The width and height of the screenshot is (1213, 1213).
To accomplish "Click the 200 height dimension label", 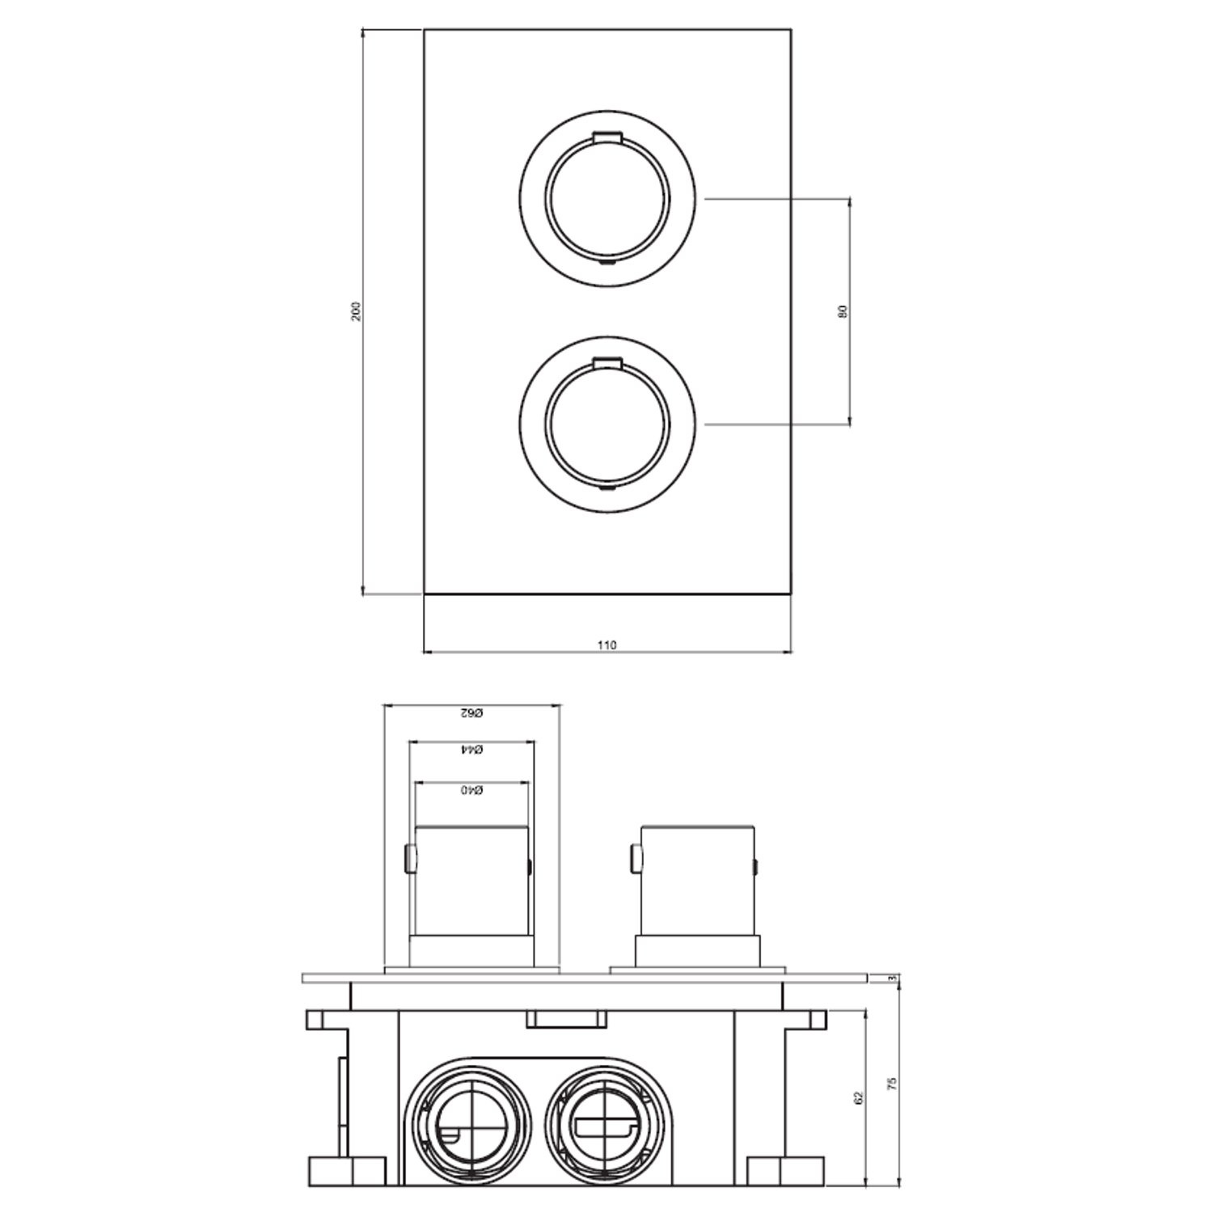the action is [357, 312].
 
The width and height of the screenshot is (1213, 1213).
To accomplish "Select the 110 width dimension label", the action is [606, 645].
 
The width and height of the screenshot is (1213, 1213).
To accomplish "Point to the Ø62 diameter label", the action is [471, 713].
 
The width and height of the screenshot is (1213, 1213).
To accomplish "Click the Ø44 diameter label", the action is [471, 750].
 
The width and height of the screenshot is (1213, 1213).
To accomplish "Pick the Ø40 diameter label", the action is [471, 789].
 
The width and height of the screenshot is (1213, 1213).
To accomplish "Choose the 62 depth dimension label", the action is [859, 1097].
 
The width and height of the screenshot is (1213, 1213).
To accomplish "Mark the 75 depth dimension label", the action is [893, 1084].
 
